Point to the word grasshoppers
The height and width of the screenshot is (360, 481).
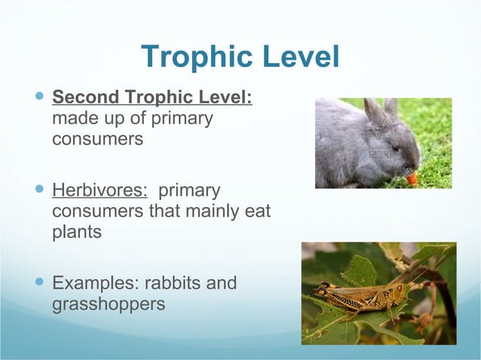[x=109, y=306]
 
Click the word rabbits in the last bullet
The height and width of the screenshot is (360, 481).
[x=176, y=284]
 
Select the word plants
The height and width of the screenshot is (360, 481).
[x=77, y=231]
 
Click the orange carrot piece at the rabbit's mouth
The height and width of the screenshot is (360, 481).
[x=412, y=178]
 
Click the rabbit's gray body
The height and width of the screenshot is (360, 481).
[x=347, y=151]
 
